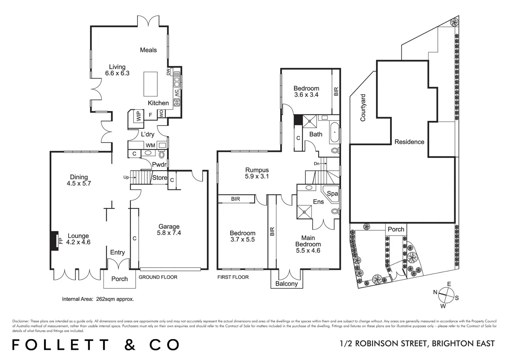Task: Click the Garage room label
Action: coord(169,227)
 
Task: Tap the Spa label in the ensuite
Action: coord(332,194)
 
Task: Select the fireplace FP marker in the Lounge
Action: coord(61,240)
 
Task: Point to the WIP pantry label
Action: coord(139,116)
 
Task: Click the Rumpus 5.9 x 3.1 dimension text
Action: coord(256,176)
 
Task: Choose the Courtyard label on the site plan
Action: coord(363,107)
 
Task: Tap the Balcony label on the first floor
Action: coord(286,284)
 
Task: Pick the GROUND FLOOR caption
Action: coord(158,277)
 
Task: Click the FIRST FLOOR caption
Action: coord(233,277)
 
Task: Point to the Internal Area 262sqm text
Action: coord(98,299)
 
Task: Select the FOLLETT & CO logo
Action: coord(95,345)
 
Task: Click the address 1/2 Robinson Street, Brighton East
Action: coord(417,344)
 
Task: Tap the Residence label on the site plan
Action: coord(409,142)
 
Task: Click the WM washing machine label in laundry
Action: coord(150,146)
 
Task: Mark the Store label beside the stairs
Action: coord(160,178)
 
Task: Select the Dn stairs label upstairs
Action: coord(317,164)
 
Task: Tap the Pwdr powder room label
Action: coord(159,165)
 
